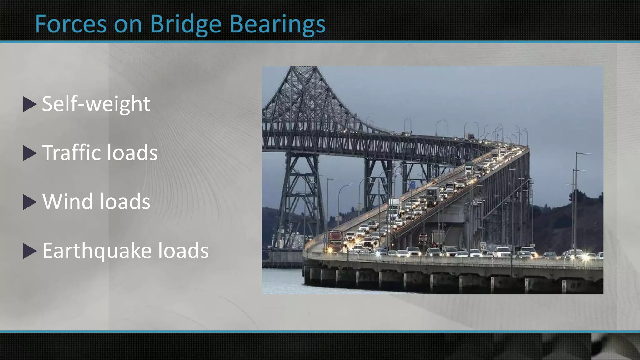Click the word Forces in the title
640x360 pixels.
coord(71,24)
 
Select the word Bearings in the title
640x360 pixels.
coord(277,24)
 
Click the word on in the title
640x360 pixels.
coord(128,25)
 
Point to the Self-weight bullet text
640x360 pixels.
coord(96,104)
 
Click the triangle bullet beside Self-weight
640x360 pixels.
coord(30,104)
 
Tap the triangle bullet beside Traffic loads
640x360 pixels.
coord(30,153)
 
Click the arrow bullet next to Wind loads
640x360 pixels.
coord(30,202)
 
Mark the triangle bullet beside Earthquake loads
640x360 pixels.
coord(30,251)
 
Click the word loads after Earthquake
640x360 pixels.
coord(183,251)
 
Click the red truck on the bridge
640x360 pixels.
coord(335,241)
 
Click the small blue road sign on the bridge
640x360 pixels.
coord(412,184)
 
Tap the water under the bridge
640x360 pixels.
coord(281,281)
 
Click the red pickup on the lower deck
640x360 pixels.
coord(422,238)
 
